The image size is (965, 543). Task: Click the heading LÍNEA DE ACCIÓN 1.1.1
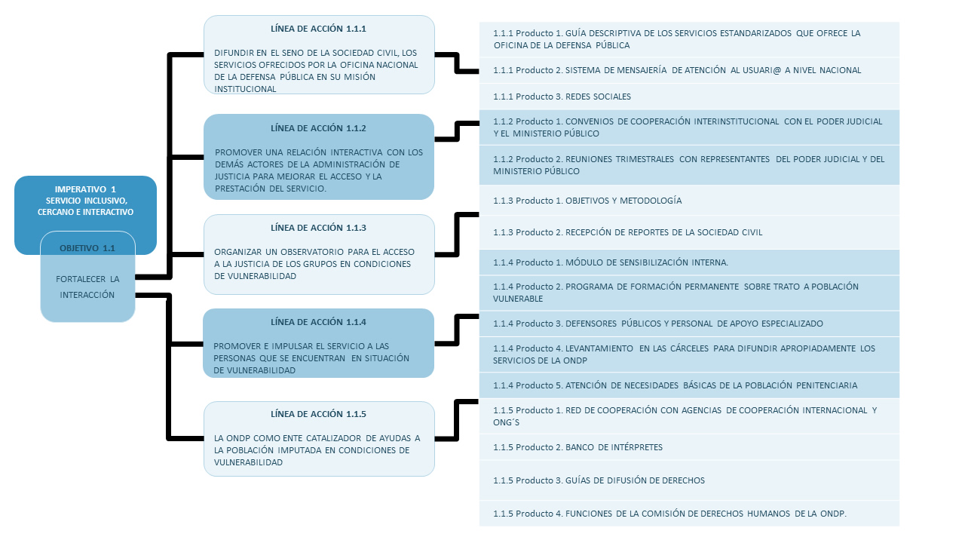tap(318, 29)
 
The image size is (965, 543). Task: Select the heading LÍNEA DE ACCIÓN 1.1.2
tap(318, 128)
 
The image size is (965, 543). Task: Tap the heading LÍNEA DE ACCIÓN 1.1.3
tap(318, 228)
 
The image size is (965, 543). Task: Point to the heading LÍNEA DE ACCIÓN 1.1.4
tap(318, 322)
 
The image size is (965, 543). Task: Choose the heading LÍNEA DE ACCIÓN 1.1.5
tap(318, 414)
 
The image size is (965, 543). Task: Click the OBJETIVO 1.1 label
tap(87, 248)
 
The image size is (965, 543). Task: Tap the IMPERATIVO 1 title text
tap(85, 189)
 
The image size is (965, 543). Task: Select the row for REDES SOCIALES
tap(689, 97)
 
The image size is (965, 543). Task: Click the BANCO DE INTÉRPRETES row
tap(689, 447)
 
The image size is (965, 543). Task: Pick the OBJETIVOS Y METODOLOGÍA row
tap(689, 201)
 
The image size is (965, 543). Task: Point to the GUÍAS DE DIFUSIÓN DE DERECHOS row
tap(689, 480)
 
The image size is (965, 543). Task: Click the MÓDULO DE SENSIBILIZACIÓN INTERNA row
tap(689, 262)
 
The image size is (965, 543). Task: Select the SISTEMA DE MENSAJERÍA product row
tap(689, 70)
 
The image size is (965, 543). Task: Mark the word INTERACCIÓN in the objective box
tap(87, 295)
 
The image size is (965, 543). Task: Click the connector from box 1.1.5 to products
tap(457, 420)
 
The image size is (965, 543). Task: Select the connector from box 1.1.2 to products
tap(457, 131)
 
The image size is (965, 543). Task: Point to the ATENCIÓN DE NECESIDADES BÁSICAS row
tap(689, 385)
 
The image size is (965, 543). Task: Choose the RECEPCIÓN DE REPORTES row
tap(689, 232)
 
